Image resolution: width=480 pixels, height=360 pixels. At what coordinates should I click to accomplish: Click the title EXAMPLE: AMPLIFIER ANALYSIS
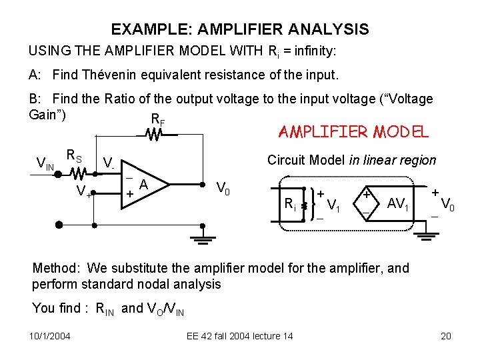coord(239,29)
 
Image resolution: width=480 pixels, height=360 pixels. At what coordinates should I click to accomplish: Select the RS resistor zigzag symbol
coord(78,174)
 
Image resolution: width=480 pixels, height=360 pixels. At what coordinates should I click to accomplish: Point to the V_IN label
coord(45,163)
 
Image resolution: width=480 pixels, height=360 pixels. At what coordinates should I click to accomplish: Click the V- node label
coord(109,163)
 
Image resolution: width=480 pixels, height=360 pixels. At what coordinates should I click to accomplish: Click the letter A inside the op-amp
coord(143,185)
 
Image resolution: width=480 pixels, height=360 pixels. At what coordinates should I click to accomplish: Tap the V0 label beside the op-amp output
coord(223,189)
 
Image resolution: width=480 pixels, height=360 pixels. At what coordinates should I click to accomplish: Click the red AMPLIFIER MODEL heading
coord(353,132)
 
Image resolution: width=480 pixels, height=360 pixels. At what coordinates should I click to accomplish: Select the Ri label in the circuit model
coord(291,205)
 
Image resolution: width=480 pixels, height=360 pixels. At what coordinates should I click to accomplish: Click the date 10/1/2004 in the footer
coord(50,336)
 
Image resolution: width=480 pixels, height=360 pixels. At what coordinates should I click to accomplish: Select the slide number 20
coord(446,336)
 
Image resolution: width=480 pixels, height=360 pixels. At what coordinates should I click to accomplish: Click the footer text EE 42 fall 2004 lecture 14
coord(239,336)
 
